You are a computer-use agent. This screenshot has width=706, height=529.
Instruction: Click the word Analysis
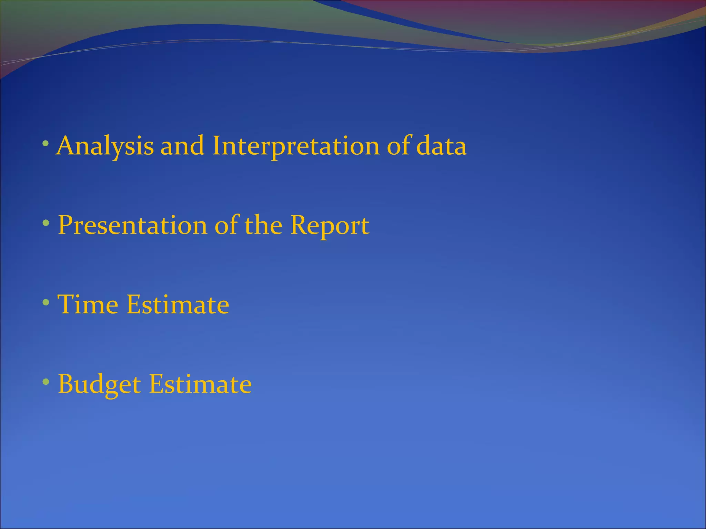tap(105, 146)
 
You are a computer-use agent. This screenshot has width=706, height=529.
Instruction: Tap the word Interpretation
tap(295, 146)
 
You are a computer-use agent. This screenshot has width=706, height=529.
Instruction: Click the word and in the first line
tap(182, 146)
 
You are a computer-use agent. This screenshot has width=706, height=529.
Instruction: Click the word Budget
tap(99, 384)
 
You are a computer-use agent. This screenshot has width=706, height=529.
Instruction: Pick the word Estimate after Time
tap(178, 304)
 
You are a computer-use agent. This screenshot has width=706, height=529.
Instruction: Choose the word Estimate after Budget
tap(200, 384)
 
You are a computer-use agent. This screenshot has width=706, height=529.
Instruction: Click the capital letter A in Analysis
tap(67, 146)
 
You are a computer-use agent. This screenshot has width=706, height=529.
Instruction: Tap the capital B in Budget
tap(66, 384)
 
